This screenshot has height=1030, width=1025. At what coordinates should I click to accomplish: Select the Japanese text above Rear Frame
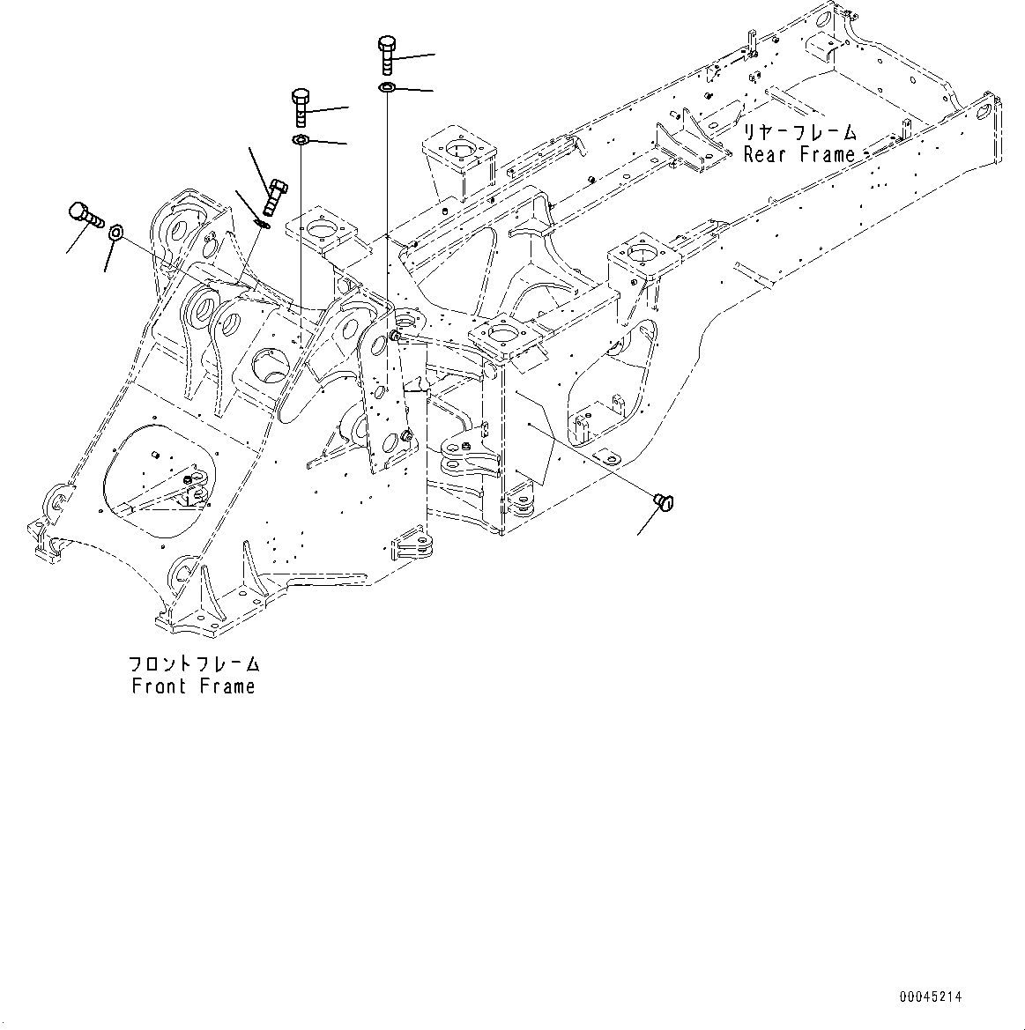(798, 133)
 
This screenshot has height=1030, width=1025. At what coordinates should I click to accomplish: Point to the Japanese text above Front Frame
(194, 664)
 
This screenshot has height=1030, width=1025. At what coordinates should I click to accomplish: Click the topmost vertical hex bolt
(388, 54)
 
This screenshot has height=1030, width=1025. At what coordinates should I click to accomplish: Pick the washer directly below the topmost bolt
(387, 87)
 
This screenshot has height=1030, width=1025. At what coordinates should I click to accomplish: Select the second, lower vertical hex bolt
(301, 107)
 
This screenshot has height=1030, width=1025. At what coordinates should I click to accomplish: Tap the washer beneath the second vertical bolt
(301, 140)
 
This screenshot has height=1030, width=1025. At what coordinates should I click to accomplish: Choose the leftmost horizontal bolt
(84, 213)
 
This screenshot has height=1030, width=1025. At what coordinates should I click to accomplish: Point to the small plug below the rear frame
(663, 502)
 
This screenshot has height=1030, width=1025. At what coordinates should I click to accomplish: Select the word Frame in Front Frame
(225, 685)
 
